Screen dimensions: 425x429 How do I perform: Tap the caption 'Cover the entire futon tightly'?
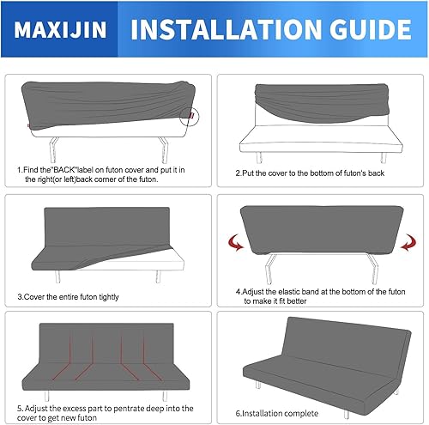(x=79, y=296)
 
